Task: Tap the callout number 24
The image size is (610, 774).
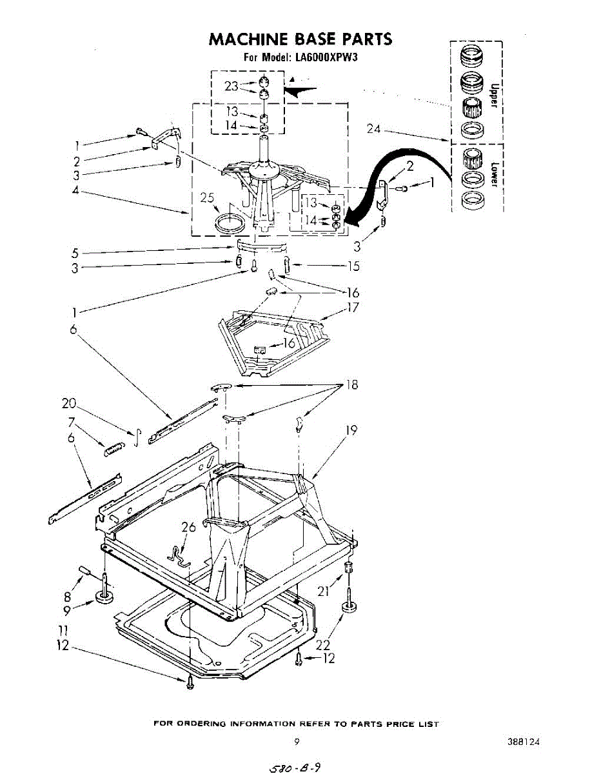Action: click(x=374, y=129)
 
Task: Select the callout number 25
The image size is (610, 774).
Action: click(x=207, y=198)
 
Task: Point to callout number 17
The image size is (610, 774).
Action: click(x=352, y=308)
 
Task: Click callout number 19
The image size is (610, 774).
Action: click(x=351, y=430)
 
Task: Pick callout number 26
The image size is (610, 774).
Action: click(x=188, y=528)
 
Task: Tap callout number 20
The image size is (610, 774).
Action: click(x=68, y=404)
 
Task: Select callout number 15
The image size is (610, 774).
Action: click(x=353, y=266)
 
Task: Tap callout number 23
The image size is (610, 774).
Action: click(x=231, y=86)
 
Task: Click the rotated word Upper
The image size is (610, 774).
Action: click(x=494, y=94)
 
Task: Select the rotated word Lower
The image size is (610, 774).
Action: click(x=494, y=174)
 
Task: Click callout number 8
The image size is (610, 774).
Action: click(x=67, y=597)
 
